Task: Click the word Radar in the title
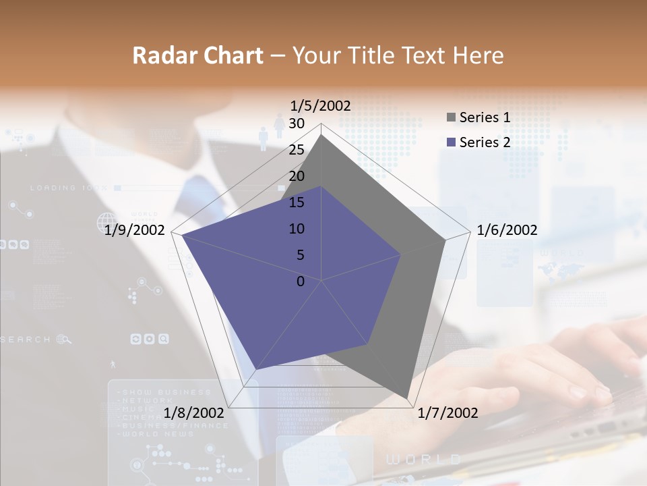click(x=161, y=55)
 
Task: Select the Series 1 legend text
click(x=485, y=117)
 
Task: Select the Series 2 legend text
click(x=485, y=142)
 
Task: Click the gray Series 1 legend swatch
click(x=450, y=118)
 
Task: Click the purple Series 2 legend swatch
click(x=450, y=142)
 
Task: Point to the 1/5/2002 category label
click(x=321, y=105)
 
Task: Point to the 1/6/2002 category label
click(x=507, y=230)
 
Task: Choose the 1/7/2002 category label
click(x=448, y=412)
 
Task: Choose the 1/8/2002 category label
click(x=194, y=412)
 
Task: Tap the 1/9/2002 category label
click(x=135, y=230)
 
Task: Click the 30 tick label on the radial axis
click(x=297, y=124)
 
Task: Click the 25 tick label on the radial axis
click(x=297, y=150)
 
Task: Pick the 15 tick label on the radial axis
click(x=297, y=202)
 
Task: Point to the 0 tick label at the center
click(x=301, y=281)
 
